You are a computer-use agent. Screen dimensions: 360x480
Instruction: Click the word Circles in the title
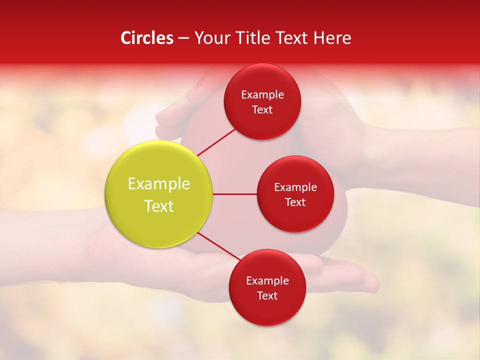(146, 38)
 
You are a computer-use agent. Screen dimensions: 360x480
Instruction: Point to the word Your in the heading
(210, 38)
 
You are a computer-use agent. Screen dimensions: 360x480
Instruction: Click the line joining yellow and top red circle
(216, 141)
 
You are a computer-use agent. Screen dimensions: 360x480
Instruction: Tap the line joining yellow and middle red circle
(234, 194)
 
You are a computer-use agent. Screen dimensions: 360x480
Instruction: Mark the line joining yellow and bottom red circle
(219, 246)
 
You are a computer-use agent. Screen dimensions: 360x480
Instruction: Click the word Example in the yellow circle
(159, 184)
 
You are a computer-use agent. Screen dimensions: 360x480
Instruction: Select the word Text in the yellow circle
(159, 206)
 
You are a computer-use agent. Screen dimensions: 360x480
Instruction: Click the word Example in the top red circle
(262, 94)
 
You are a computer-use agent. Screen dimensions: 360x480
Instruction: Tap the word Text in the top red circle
(262, 109)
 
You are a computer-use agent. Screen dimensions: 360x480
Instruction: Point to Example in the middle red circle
(295, 187)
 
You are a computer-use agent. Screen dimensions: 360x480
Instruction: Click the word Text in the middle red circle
(295, 202)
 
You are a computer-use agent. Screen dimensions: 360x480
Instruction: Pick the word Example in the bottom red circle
(267, 280)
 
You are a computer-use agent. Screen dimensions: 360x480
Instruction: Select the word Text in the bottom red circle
(267, 295)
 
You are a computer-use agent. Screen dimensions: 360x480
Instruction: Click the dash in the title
(183, 38)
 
